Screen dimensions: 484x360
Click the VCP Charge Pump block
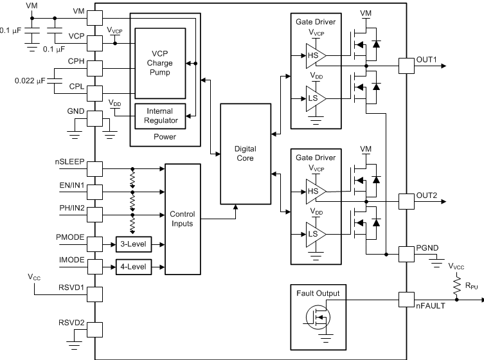click(x=160, y=63)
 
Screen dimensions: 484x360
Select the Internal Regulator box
click(x=160, y=116)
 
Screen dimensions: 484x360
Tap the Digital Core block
click(x=246, y=154)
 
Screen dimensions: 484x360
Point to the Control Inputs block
click(x=183, y=219)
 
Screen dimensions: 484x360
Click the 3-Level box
click(x=134, y=244)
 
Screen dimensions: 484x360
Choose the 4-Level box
click(x=134, y=267)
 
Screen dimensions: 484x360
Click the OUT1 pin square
click(x=406, y=66)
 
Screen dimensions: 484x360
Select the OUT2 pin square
click(x=406, y=202)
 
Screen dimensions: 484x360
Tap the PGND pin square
click(x=406, y=255)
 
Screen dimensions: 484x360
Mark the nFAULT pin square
click(x=406, y=300)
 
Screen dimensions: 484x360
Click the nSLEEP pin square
click(x=94, y=169)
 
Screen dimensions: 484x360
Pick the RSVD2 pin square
click(x=94, y=330)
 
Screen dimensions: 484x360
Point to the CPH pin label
click(x=76, y=61)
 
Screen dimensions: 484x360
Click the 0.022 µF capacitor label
click(x=30, y=81)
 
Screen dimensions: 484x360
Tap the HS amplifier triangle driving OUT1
click(x=316, y=55)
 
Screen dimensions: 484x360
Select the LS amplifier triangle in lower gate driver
click(x=316, y=235)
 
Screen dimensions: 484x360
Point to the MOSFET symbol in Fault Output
click(x=318, y=317)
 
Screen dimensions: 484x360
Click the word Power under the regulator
click(x=165, y=137)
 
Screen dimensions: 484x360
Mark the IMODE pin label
click(x=71, y=260)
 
